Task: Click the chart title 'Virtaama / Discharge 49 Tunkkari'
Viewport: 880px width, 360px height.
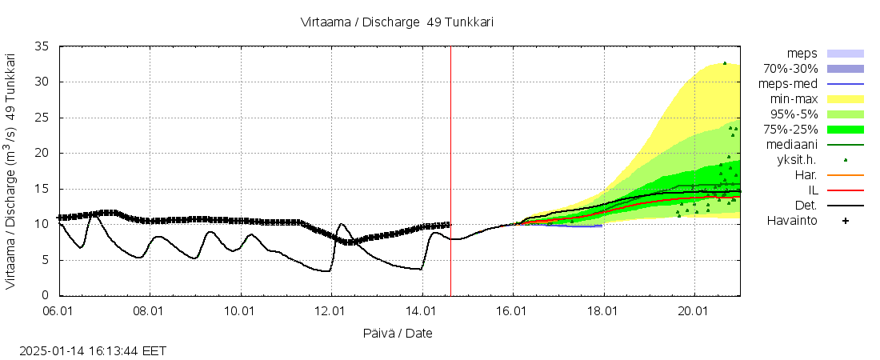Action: (x=397, y=22)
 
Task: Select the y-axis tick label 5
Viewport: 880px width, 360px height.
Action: (x=46, y=260)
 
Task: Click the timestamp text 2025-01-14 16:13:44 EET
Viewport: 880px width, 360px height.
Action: (x=94, y=351)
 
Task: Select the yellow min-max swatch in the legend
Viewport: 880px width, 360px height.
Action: (x=845, y=99)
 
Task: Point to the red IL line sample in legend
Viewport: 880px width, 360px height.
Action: (x=845, y=190)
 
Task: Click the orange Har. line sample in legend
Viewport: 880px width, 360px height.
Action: (x=845, y=175)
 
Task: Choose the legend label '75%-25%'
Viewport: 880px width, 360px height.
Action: (x=790, y=129)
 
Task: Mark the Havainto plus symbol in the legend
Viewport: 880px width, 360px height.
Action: (x=845, y=221)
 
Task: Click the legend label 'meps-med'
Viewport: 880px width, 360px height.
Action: (x=790, y=83)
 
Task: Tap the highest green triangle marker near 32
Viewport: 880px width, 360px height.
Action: (x=725, y=63)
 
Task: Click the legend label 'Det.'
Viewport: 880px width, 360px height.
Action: (x=804, y=206)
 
